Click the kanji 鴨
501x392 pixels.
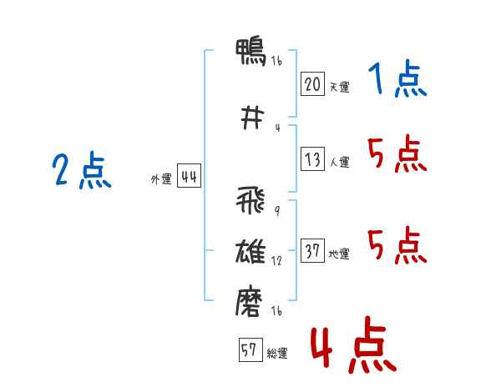pyautogui.click(x=250, y=52)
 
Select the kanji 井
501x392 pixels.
pyautogui.click(x=252, y=118)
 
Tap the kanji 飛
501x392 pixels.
pyautogui.click(x=250, y=200)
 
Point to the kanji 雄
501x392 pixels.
pyautogui.click(x=250, y=252)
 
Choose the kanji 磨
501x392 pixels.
pyautogui.click(x=249, y=302)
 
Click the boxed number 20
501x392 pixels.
pyautogui.click(x=312, y=84)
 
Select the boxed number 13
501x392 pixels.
pyautogui.click(x=312, y=158)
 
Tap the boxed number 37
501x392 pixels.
pyautogui.click(x=312, y=250)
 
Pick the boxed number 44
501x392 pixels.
pyautogui.click(x=189, y=176)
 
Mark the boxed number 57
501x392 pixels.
pyautogui.click(x=250, y=349)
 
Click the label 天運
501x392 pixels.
pyautogui.click(x=339, y=87)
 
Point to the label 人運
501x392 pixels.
pyautogui.click(x=339, y=162)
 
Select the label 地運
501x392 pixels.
pyautogui.click(x=339, y=254)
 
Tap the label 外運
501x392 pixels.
pyautogui.click(x=161, y=179)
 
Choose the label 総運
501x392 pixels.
pyautogui.click(x=277, y=354)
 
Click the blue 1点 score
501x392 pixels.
pyautogui.click(x=397, y=78)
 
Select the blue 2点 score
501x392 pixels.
pyautogui.click(x=82, y=169)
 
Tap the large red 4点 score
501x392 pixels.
pyautogui.click(x=354, y=345)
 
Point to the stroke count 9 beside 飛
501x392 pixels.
pyautogui.click(x=277, y=210)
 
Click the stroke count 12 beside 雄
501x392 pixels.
pyautogui.click(x=276, y=261)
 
